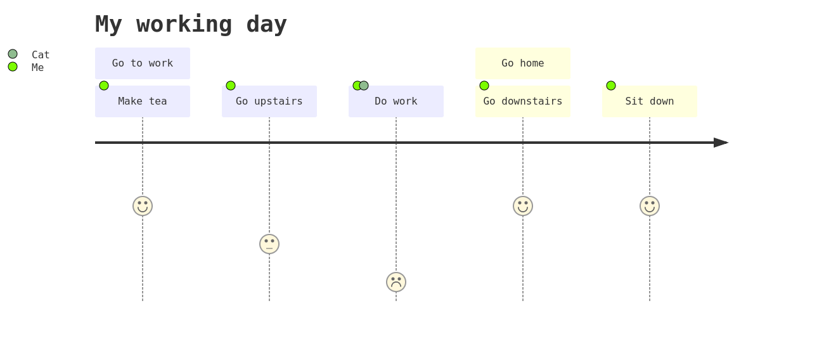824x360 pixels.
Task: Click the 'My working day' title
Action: click(191, 25)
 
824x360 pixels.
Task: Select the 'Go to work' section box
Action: click(143, 63)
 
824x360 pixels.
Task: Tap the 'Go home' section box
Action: click(523, 63)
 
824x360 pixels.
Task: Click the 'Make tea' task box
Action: click(143, 101)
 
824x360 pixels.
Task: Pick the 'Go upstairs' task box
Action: click(269, 101)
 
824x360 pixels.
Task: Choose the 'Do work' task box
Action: click(396, 101)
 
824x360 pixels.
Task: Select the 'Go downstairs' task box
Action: click(523, 101)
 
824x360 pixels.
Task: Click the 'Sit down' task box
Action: click(650, 101)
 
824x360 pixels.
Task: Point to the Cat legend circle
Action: click(13, 54)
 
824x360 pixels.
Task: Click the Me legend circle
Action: click(13, 67)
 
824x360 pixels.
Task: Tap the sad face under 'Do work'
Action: click(396, 282)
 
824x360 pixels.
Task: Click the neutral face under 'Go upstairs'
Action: click(269, 244)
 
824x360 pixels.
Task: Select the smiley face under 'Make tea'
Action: click(143, 206)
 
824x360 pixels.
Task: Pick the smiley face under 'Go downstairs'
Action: click(523, 206)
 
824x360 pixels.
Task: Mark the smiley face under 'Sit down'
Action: click(650, 206)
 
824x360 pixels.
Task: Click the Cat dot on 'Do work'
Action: click(364, 86)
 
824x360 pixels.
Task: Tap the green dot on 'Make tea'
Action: click(104, 86)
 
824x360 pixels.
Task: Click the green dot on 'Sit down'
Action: click(611, 86)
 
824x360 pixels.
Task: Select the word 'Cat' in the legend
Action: click(41, 55)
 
